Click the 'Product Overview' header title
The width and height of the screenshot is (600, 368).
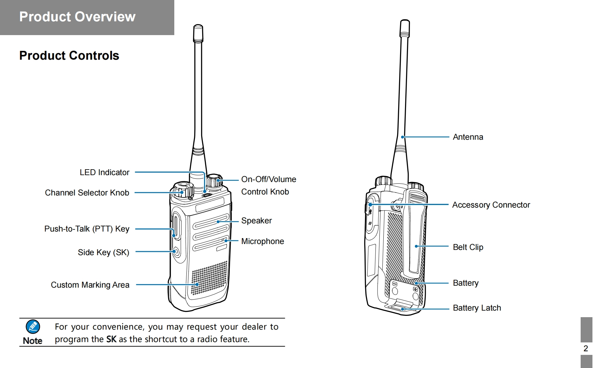(77, 17)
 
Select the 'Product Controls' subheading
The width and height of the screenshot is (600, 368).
(69, 55)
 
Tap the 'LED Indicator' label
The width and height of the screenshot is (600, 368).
(104, 172)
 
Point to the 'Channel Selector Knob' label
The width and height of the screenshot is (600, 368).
(87, 193)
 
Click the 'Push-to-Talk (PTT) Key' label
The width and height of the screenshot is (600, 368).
(87, 229)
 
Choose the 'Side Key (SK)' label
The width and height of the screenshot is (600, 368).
(103, 252)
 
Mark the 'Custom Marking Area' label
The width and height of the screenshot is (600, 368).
(90, 285)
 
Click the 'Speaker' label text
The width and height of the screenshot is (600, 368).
(256, 220)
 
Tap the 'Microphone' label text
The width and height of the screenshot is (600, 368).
(263, 241)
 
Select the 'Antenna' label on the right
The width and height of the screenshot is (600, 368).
(468, 137)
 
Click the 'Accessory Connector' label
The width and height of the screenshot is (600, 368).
(491, 205)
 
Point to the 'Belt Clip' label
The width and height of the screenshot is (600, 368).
(468, 247)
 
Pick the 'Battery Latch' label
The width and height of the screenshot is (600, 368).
(477, 308)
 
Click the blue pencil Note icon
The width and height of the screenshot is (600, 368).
(33, 327)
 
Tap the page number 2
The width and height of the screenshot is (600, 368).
(586, 348)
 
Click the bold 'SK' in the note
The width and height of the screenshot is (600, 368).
(111, 339)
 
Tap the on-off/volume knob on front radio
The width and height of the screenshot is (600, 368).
(214, 181)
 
